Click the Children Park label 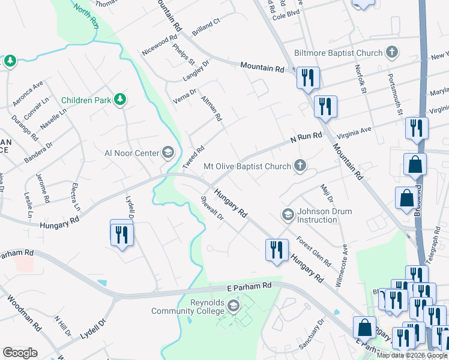[86, 100]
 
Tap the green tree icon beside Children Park [120, 99]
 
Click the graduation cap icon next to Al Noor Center [167, 152]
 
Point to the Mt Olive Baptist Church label [248, 166]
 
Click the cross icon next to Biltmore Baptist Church [392, 53]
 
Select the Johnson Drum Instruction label [318, 215]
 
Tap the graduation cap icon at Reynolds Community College [233, 307]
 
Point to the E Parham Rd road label [249, 288]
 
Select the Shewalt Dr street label [212, 208]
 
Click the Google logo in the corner [20, 353]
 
